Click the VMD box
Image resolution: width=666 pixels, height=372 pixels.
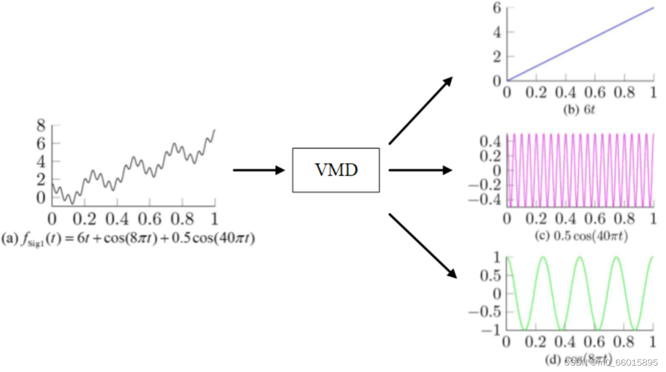[336, 170]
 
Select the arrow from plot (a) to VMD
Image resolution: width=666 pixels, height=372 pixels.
[259, 170]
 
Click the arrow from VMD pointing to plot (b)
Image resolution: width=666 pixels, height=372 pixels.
[421, 110]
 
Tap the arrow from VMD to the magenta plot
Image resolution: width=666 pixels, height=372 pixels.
[420, 170]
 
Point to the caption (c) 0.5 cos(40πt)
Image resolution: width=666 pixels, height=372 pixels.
[581, 236]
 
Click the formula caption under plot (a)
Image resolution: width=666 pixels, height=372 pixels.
[128, 239]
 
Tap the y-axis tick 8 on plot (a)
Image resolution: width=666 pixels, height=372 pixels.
[41, 126]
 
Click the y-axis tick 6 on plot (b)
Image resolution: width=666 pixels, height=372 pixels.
[496, 8]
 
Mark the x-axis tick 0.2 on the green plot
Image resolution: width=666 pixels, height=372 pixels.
[536, 342]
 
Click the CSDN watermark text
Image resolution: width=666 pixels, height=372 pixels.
[610, 362]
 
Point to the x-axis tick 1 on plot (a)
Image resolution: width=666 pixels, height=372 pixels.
[215, 220]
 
